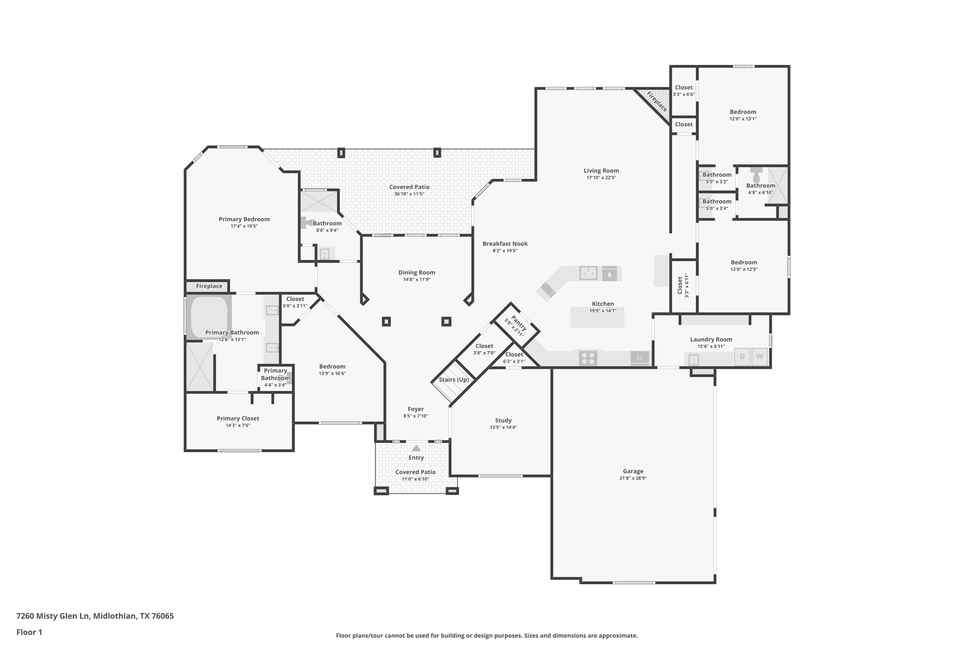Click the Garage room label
click(x=633, y=471)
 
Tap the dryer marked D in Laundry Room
click(x=742, y=357)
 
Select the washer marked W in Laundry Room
click(x=759, y=357)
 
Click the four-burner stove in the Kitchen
click(x=588, y=358)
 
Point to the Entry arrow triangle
click(x=416, y=448)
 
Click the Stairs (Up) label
click(x=453, y=380)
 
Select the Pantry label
click(x=518, y=323)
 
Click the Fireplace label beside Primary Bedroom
click(x=209, y=286)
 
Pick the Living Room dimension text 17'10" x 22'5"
click(x=601, y=177)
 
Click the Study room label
click(x=503, y=420)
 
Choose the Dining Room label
click(x=417, y=273)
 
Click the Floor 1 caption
click(x=29, y=632)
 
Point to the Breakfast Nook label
click(x=505, y=244)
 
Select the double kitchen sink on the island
click(x=588, y=273)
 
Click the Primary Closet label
click(x=238, y=418)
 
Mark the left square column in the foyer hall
click(x=386, y=321)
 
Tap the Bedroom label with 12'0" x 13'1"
click(x=743, y=112)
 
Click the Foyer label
click(x=416, y=409)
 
